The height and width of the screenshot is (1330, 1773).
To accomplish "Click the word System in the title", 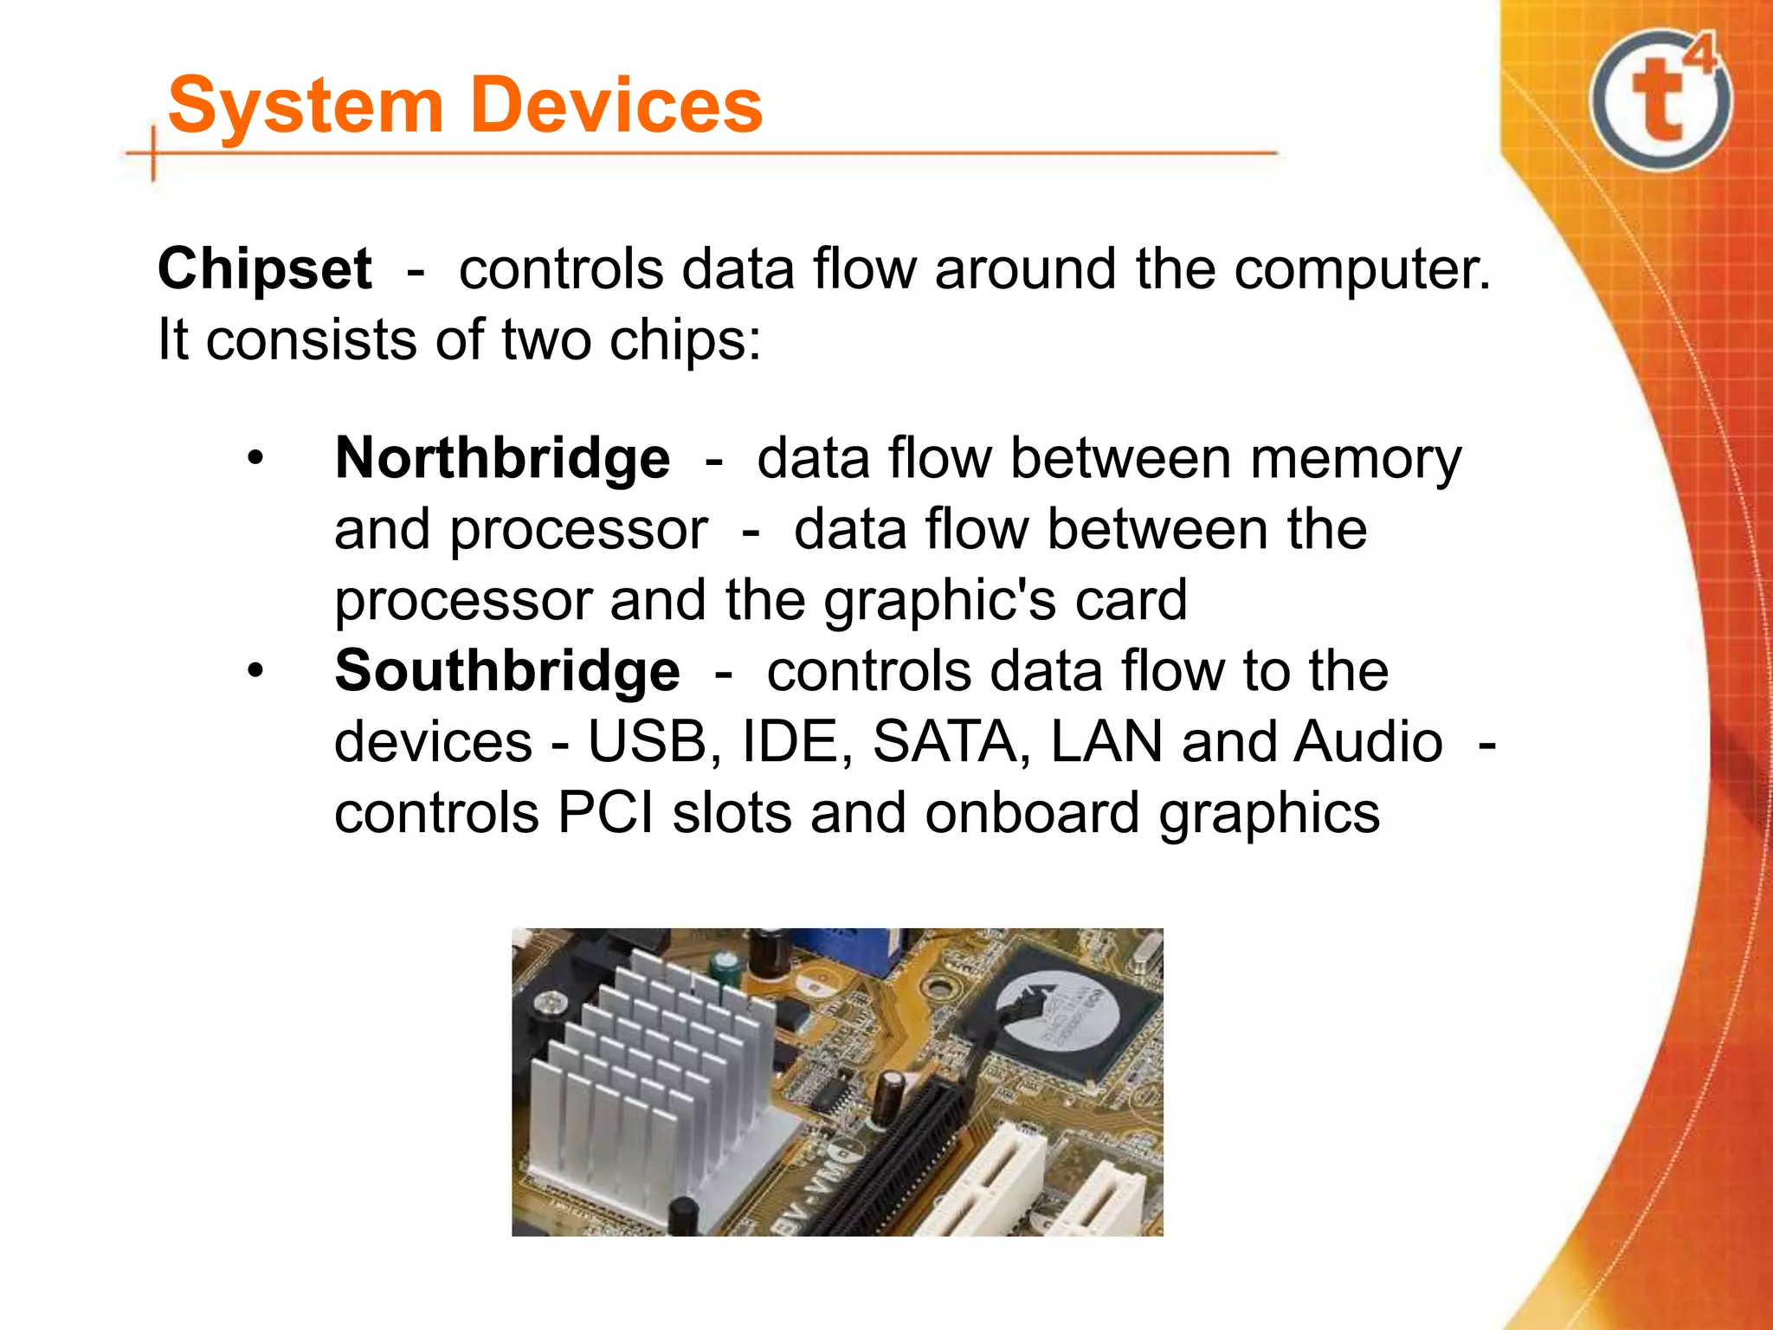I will [x=305, y=106].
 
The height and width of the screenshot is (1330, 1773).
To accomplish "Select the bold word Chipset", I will [x=265, y=268].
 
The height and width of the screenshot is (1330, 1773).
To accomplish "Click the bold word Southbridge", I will [x=507, y=671].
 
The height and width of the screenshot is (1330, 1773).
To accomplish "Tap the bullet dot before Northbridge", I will [x=255, y=458].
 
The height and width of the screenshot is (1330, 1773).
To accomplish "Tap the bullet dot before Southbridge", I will [x=255, y=671].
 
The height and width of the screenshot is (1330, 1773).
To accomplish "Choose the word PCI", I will [x=606, y=813].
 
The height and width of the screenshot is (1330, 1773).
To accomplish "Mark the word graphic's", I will [x=938, y=601].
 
